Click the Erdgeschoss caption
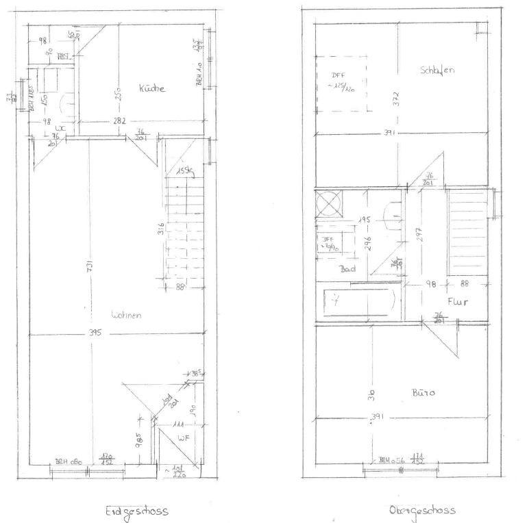point(136,511)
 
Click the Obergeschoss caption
point(421,510)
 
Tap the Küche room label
point(151,88)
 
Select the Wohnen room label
point(126,315)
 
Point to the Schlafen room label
point(438,71)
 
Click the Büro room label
point(424,393)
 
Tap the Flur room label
point(458,301)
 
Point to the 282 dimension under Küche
point(119,121)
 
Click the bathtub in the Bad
point(358,301)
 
